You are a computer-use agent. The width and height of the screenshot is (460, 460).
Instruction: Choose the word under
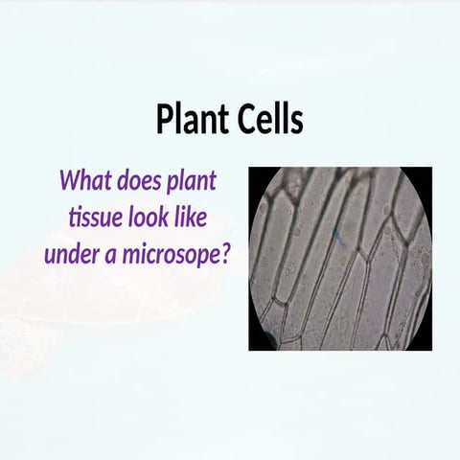(70, 254)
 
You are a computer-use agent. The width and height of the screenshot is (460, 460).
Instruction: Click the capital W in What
(70, 180)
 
